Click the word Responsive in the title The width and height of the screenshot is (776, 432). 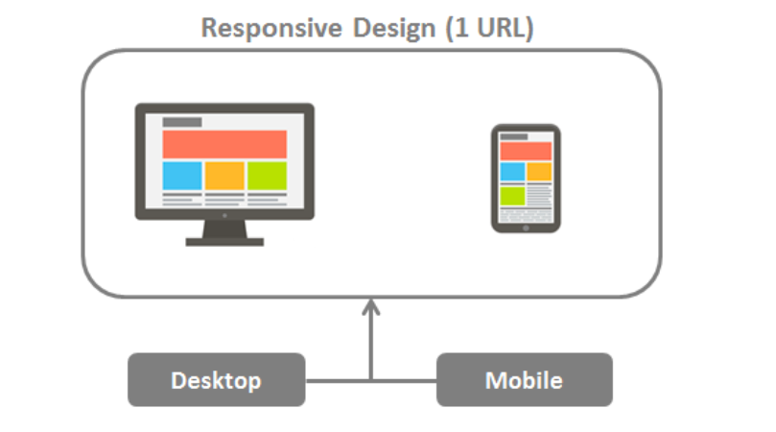pyautogui.click(x=271, y=29)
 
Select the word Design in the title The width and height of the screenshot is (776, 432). pyautogui.click(x=394, y=29)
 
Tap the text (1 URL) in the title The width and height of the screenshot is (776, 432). pyautogui.click(x=489, y=28)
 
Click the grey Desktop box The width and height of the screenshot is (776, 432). pyautogui.click(x=216, y=380)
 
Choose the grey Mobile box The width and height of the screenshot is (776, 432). pyautogui.click(x=524, y=380)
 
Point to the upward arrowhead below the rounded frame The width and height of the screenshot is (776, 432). pyautogui.click(x=370, y=307)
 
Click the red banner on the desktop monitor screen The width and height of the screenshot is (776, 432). pyautogui.click(x=224, y=144)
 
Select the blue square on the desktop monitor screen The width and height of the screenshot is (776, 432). pyautogui.click(x=182, y=176)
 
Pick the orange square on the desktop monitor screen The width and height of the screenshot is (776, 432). pyautogui.click(x=224, y=176)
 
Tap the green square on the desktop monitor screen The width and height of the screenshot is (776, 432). pyautogui.click(x=268, y=176)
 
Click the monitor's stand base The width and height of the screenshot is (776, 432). pyautogui.click(x=224, y=242)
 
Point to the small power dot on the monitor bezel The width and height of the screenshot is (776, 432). pyautogui.click(x=224, y=215)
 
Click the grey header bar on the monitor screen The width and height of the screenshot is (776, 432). pyautogui.click(x=182, y=122)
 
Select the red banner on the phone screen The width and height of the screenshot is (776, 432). pyautogui.click(x=526, y=151)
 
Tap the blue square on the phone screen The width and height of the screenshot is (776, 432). pyautogui.click(x=512, y=172)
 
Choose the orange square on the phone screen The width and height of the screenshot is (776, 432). pyautogui.click(x=539, y=172)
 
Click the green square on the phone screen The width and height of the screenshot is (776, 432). pyautogui.click(x=512, y=196)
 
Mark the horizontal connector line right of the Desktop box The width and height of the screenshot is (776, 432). pyautogui.click(x=338, y=380)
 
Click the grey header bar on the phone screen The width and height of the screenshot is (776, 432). pyautogui.click(x=514, y=136)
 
